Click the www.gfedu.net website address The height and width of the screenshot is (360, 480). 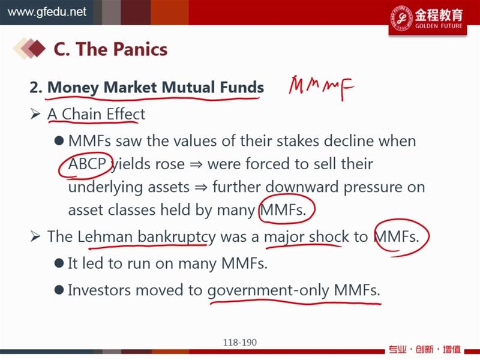(47, 12)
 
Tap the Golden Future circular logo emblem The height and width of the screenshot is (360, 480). (401, 18)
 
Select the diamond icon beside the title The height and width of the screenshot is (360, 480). (29, 48)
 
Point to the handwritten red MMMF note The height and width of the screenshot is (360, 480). (321, 87)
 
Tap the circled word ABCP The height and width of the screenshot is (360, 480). (87, 164)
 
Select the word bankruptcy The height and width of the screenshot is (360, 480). (176, 237)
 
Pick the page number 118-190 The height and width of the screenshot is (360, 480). (239, 342)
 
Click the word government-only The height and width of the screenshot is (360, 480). (268, 290)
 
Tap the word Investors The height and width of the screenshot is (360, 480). (100, 290)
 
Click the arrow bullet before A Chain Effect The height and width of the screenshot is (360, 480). (35, 114)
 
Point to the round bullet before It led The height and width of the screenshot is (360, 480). (59, 263)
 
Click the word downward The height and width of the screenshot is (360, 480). (302, 187)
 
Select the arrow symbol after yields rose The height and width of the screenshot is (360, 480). (196, 164)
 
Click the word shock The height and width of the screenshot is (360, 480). (328, 236)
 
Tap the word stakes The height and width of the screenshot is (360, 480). (298, 141)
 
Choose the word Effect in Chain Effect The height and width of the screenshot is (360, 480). (126, 114)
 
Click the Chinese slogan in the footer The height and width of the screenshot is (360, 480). (425, 349)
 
